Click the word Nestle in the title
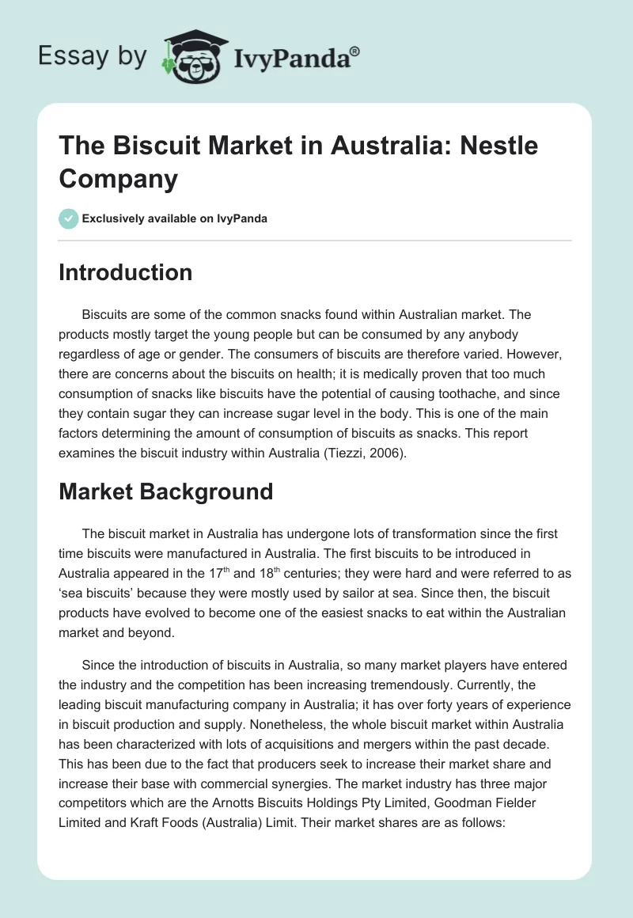[498, 146]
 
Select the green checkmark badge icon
[69, 218]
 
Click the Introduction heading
[126, 272]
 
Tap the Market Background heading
[166, 491]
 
